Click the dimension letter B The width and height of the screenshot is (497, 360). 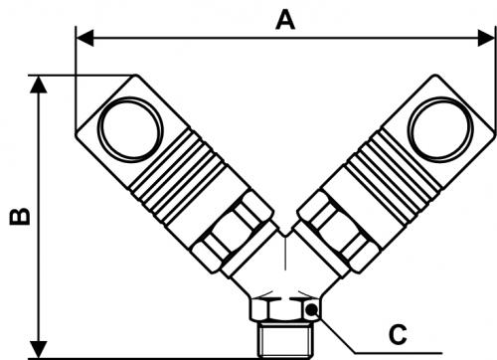(x=18, y=216)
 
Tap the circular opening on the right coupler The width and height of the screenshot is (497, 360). (x=438, y=130)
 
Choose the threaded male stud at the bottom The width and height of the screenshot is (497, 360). (x=285, y=339)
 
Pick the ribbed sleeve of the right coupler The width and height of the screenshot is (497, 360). (x=383, y=184)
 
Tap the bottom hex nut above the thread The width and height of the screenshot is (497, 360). (x=284, y=309)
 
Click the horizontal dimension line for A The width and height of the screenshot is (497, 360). (x=199, y=39)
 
